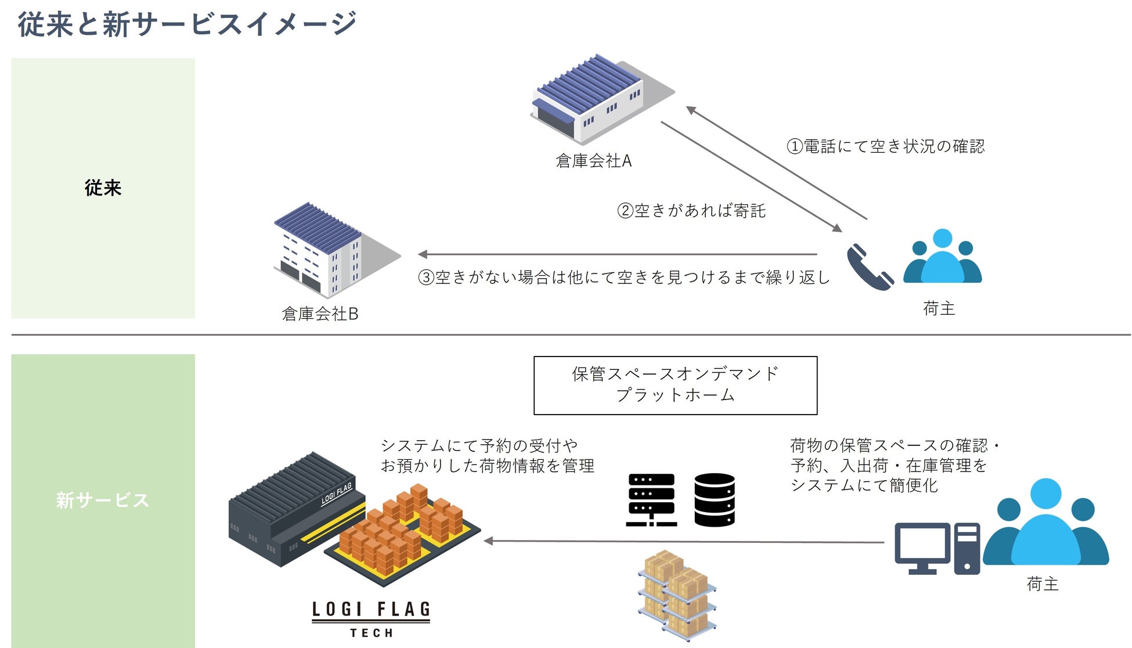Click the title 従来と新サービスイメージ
click(187, 24)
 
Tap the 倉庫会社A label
click(593, 161)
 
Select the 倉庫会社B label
click(320, 314)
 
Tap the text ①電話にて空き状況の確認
click(885, 146)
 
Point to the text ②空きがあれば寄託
click(691, 210)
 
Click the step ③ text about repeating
click(624, 278)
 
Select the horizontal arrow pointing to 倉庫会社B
click(615, 254)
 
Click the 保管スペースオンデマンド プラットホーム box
click(675, 385)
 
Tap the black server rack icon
click(651, 500)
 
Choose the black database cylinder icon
click(715, 500)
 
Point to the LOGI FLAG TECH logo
click(371, 619)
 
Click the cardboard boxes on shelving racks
click(677, 595)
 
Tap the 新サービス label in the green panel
click(103, 500)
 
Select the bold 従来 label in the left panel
click(103, 188)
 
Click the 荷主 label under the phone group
click(939, 308)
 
